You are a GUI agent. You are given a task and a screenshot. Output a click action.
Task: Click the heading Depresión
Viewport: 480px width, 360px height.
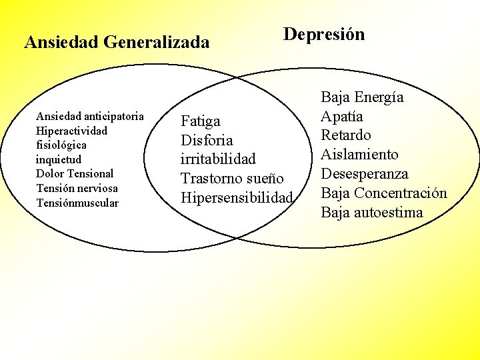click(x=324, y=35)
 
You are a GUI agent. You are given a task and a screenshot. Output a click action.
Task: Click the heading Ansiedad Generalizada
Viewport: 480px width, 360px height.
click(x=117, y=43)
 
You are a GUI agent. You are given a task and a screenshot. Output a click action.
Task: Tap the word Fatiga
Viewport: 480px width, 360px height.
click(x=201, y=121)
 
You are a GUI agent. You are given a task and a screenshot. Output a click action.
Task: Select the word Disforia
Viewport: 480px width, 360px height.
click(x=207, y=141)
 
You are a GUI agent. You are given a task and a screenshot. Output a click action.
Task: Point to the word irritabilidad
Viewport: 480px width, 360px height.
click(x=218, y=160)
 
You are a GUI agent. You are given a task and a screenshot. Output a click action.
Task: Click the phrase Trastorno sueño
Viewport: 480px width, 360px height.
click(x=232, y=179)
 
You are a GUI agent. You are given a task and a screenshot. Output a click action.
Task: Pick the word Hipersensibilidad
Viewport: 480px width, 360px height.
click(x=237, y=198)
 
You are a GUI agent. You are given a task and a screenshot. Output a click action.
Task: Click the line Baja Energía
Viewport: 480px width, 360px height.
click(x=362, y=97)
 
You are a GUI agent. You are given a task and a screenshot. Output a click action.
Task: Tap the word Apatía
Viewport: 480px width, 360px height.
click(x=342, y=117)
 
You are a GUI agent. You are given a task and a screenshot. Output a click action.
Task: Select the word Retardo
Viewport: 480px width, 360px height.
click(x=346, y=135)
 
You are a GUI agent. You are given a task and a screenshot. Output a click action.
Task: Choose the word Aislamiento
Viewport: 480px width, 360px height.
click(x=359, y=155)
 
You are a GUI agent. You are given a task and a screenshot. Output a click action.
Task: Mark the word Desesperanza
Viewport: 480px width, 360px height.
click(x=365, y=174)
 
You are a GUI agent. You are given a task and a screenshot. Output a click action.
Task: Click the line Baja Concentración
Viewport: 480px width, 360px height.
click(x=384, y=193)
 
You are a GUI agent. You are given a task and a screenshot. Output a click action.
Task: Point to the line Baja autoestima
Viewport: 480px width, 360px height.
click(x=372, y=213)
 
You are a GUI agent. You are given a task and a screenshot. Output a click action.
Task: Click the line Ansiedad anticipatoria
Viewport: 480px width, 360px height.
click(x=89, y=116)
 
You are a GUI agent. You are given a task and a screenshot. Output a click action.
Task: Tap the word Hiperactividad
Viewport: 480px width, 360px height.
click(x=71, y=131)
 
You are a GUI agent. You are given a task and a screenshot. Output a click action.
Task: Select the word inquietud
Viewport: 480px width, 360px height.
click(x=59, y=159)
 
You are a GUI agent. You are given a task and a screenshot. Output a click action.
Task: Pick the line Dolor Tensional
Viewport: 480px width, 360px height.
click(x=75, y=173)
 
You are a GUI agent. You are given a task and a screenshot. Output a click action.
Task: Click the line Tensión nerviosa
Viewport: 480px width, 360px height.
click(x=77, y=188)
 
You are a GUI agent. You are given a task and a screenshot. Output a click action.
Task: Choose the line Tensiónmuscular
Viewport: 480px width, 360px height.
click(x=77, y=203)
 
